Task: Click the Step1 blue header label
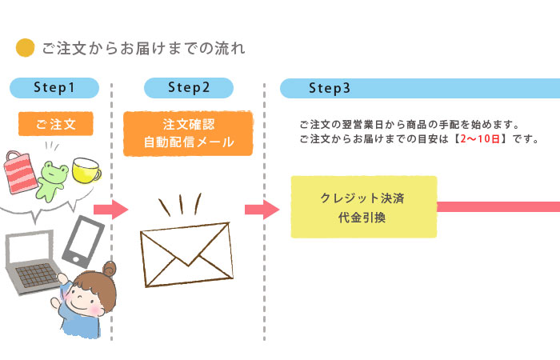[54, 87]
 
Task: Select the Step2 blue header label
[189, 87]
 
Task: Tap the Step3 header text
[329, 88]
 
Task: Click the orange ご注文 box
[55, 124]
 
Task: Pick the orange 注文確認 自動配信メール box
[189, 133]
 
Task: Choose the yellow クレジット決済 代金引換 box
[363, 206]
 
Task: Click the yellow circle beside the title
[26, 49]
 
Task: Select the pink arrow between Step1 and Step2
[110, 210]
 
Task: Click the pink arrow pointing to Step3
[261, 210]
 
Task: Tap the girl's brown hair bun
[109, 269]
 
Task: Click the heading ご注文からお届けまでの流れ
[143, 49]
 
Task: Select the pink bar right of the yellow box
[498, 206]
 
